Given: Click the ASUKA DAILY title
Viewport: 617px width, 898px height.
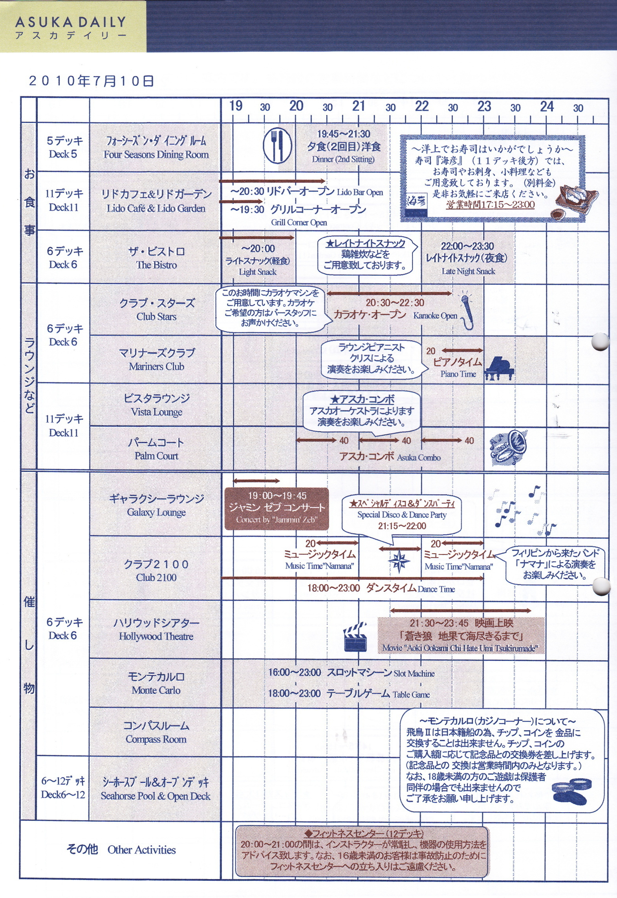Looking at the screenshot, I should point(71,22).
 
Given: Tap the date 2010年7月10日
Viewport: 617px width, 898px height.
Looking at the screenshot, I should point(91,81).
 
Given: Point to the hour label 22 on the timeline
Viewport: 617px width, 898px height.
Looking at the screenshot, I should point(421,106).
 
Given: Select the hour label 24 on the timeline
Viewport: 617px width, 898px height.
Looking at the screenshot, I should point(547,106).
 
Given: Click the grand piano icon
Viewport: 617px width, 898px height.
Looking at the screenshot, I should point(499,369).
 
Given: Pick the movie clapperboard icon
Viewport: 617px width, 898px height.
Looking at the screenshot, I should point(355,637).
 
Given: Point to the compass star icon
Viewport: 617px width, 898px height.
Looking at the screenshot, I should point(399,561).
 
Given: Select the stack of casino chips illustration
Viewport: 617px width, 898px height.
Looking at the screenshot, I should point(569,790).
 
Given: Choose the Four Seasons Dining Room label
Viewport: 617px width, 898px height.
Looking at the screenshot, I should point(156,155).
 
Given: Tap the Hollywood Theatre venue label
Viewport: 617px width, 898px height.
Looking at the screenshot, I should point(156,637).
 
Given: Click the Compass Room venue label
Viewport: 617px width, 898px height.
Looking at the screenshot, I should point(156,739).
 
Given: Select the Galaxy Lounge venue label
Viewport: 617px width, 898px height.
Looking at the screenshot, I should point(156,512).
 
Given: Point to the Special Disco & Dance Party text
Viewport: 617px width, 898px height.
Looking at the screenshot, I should point(402,515).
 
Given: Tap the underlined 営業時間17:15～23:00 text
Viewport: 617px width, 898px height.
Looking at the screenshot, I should point(490,204).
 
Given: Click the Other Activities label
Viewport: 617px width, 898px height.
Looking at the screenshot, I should point(141,850).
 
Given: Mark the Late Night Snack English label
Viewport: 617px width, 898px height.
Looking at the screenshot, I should point(468,271).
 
